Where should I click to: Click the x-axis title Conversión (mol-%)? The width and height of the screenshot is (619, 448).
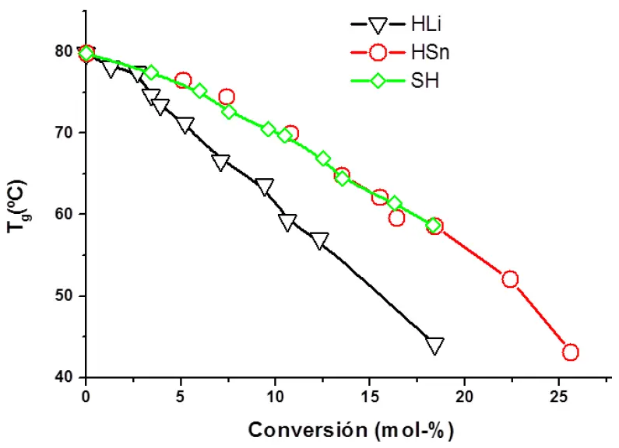pos(350,429)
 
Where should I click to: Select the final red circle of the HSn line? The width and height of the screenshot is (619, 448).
pos(570,352)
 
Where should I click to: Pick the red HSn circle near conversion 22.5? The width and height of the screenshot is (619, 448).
pos(510,279)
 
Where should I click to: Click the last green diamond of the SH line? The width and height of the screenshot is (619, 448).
pos(433,226)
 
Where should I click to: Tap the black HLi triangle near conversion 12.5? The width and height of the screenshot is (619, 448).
pos(319,240)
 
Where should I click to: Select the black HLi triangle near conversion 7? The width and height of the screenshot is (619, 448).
pos(220,162)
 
